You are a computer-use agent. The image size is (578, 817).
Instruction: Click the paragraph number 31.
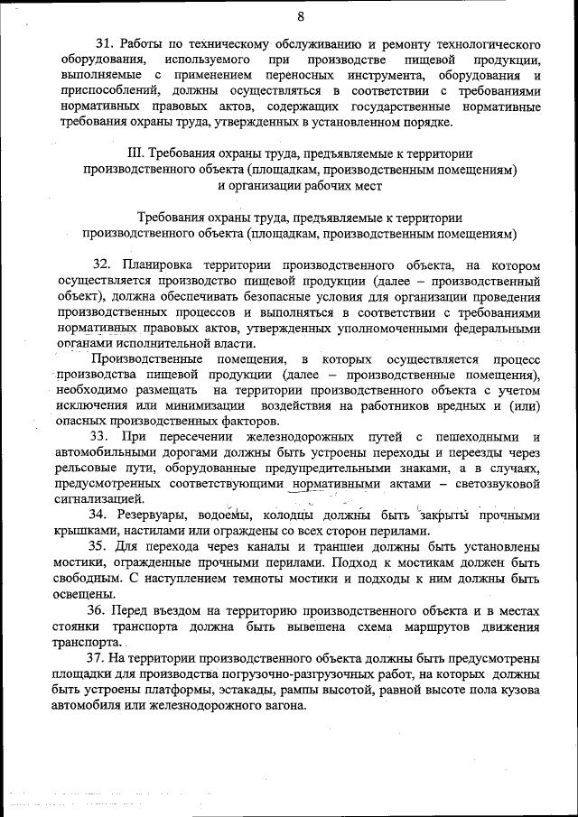click(x=104, y=43)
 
